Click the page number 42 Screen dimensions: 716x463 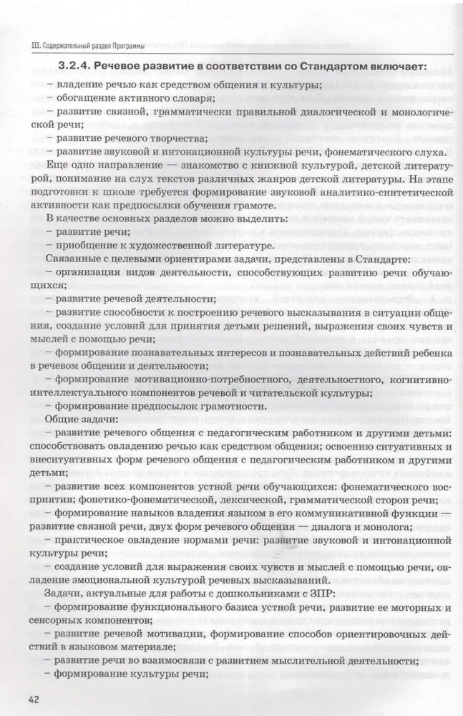pyautogui.click(x=35, y=699)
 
